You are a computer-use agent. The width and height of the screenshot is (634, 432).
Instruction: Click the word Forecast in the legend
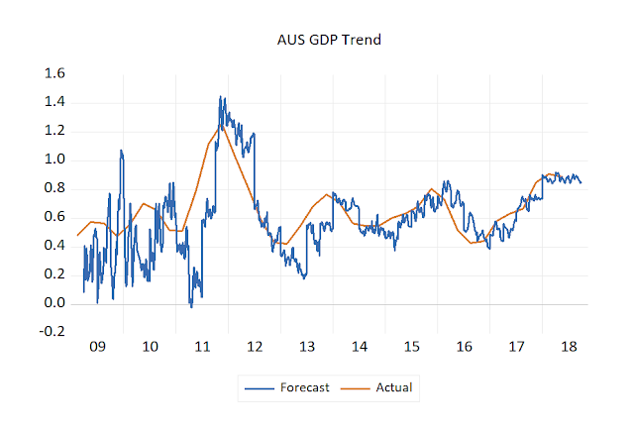tap(305, 387)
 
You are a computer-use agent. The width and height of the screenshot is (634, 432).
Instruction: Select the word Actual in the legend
tap(393, 387)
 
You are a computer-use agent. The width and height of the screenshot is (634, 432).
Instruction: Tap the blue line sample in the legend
tap(261, 387)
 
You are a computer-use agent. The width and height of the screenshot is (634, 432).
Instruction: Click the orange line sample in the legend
tap(357, 387)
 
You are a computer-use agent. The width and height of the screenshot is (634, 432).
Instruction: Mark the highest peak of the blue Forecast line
tap(221, 97)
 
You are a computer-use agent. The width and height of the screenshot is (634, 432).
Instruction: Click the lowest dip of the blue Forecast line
tap(191, 307)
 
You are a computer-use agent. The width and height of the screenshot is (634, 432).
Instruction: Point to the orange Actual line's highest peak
tap(222, 126)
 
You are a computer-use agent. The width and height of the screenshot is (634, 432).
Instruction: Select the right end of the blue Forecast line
tap(581, 182)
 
